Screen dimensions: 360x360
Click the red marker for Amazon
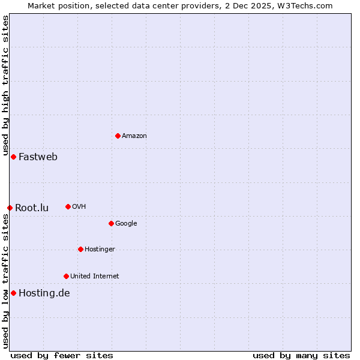pyautogui.click(x=118, y=136)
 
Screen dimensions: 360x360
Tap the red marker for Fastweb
pyautogui.click(x=13, y=157)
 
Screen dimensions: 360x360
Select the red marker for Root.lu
pyautogui.click(x=10, y=208)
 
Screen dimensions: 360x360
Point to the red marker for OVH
pyautogui.click(x=68, y=206)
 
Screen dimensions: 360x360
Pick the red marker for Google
pyautogui.click(x=111, y=223)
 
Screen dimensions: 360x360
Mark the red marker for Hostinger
pyautogui.click(x=80, y=249)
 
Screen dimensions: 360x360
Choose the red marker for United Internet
pyautogui.click(x=66, y=276)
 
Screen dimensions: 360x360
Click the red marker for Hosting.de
pyautogui.click(x=13, y=293)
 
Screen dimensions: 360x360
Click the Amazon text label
pyautogui.click(x=134, y=136)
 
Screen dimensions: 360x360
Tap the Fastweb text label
pyautogui.click(x=38, y=157)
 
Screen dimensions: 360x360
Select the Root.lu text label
pyautogui.click(x=32, y=208)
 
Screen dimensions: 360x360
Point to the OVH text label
pyautogui.click(x=79, y=207)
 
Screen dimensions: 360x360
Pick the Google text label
pyautogui.click(x=126, y=224)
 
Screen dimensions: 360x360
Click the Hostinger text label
pyautogui.click(x=100, y=250)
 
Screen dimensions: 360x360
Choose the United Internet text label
pyautogui.click(x=94, y=277)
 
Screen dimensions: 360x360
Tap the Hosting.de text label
pyautogui.click(x=44, y=293)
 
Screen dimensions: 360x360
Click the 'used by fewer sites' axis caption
pyautogui.click(x=62, y=355)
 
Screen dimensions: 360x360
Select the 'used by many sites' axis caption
pyautogui.click(x=301, y=355)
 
